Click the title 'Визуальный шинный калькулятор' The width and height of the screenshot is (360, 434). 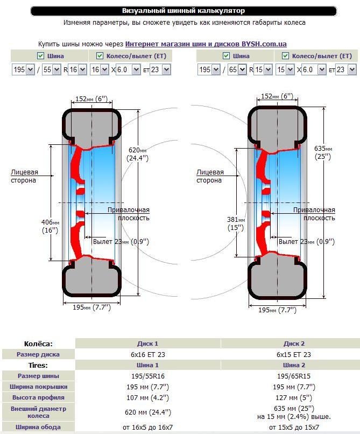point(183,11)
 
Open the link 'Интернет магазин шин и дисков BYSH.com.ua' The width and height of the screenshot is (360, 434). point(206,44)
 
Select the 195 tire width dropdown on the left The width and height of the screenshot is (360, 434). point(23,69)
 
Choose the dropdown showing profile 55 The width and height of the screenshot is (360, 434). point(52,69)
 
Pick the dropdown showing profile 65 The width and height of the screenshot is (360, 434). point(237,69)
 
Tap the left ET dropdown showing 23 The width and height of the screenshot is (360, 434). point(160,69)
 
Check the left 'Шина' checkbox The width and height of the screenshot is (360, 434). point(41,56)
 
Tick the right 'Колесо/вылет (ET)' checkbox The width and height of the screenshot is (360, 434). point(285,56)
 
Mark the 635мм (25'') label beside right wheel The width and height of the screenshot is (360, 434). point(323,152)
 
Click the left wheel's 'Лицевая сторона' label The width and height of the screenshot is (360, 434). point(24,177)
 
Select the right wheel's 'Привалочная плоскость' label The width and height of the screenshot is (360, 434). point(314,214)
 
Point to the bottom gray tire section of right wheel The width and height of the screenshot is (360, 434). point(277,279)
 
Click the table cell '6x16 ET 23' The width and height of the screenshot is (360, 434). point(148,354)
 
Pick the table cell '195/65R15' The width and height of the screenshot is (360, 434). point(294,376)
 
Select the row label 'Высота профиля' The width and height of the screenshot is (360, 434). point(38,397)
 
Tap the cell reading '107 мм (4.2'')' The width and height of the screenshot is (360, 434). point(148,397)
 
